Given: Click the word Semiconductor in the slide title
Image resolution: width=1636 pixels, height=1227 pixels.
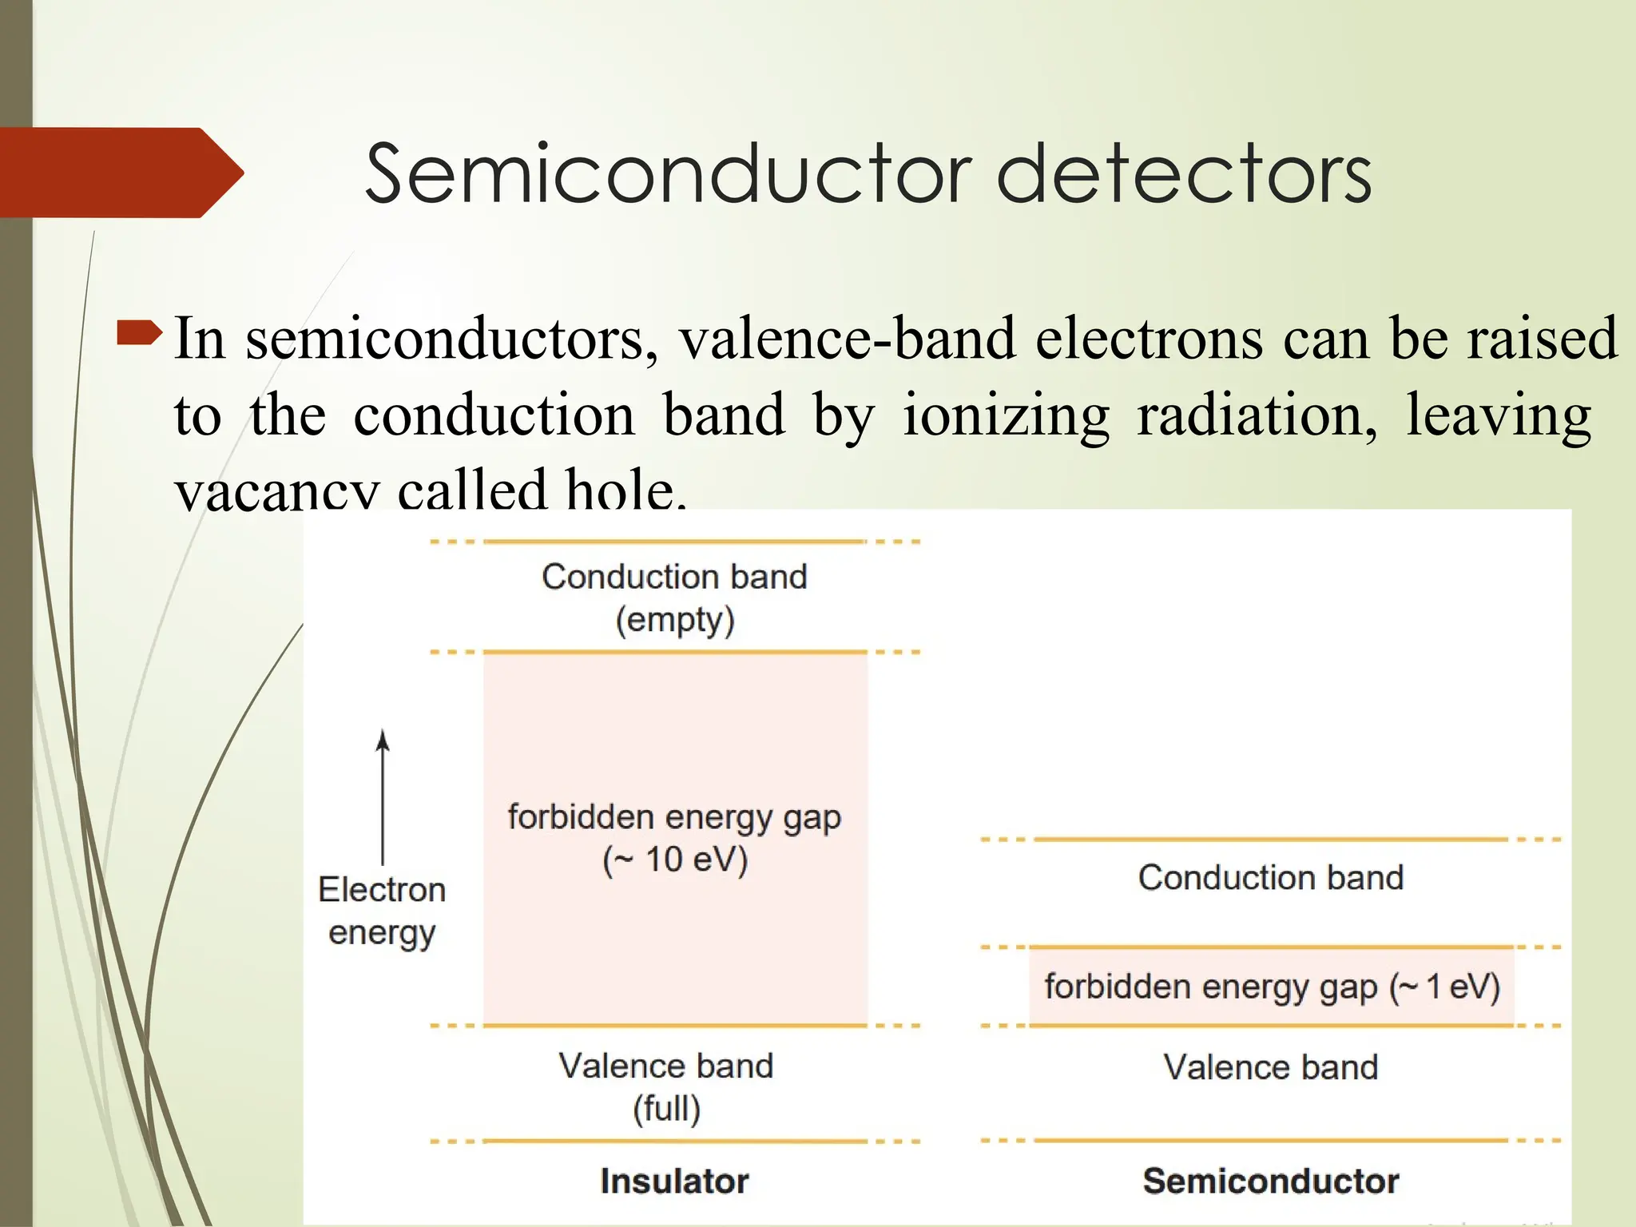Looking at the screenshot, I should (668, 173).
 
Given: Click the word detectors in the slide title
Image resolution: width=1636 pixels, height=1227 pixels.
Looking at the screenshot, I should (1185, 173).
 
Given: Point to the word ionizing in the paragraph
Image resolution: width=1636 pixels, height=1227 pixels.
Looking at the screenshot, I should (1006, 415).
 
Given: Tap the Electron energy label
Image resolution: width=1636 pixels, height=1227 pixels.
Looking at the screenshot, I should (382, 911).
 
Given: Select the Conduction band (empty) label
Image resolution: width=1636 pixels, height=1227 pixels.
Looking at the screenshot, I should (674, 598).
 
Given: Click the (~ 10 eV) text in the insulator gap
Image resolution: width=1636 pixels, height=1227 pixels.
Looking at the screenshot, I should (675, 860).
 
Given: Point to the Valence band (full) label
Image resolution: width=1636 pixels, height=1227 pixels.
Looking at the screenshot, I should (666, 1086).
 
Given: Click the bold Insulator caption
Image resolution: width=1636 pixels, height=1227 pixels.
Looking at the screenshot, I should (674, 1181).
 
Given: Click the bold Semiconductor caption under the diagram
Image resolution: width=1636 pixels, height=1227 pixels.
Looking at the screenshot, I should (1270, 1181).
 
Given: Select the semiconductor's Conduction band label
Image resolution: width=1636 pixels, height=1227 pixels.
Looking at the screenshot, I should (1270, 878).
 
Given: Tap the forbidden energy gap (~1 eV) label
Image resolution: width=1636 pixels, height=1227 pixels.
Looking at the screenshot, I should (1272, 987).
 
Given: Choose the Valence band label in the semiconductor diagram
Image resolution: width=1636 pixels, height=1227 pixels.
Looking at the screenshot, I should (1270, 1067).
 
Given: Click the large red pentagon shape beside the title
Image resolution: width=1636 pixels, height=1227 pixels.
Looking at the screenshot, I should (120, 173).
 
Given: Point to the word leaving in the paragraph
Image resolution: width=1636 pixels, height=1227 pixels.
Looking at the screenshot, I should (1499, 415).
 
